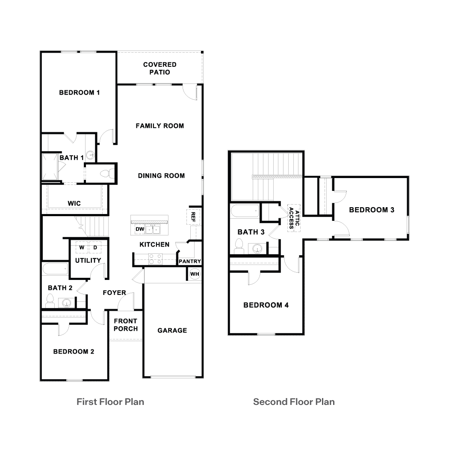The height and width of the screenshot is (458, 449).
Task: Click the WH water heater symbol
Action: pos(195,274)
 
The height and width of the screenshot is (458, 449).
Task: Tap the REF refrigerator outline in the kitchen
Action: pos(193,217)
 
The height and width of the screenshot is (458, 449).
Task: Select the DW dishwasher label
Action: pos(139,229)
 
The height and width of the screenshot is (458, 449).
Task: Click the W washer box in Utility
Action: pos(82,247)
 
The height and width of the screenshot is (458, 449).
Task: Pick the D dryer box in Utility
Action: pos(95,247)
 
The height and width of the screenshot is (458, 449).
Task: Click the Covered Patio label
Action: pos(160,68)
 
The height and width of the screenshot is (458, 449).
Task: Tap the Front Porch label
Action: pos(126,325)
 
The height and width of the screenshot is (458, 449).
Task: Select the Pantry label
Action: pos(189,261)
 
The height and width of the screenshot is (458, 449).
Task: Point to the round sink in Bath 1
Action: pos(91,155)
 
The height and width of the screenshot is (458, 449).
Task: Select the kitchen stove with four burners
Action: pos(155,258)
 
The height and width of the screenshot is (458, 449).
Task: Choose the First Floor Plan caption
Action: pos(110,402)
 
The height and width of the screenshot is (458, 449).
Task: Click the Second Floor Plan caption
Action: pos(294,402)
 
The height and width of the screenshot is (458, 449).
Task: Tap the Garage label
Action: pos(172,330)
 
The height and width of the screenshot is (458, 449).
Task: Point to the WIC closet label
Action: pos(74,203)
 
